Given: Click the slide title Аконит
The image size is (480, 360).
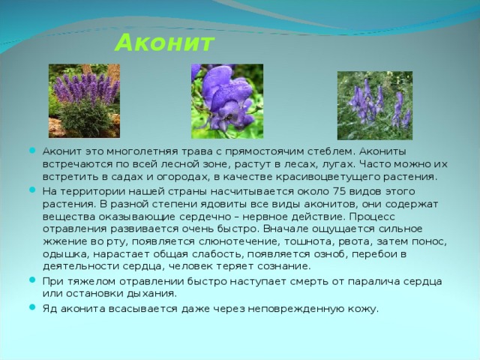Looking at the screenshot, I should coord(164,42).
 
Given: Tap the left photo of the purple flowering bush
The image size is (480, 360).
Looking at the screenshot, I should coord(84,100).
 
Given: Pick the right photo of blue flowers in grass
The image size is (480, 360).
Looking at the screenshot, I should coord(374,105).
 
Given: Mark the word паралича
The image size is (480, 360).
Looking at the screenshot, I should coord(358,280).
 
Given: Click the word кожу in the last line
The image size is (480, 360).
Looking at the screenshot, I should coord(361,308).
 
